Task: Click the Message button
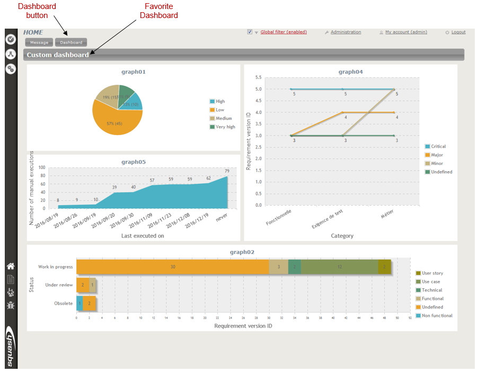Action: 39,42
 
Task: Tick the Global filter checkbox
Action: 250,32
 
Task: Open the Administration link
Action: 346,32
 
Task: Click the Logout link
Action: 458,32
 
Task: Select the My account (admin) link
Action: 405,32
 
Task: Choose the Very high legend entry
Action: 225,127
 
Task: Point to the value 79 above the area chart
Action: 227,171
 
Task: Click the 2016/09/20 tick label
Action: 105,224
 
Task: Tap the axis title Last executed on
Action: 143,236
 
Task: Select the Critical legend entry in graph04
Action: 438,146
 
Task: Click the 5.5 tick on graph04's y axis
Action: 258,77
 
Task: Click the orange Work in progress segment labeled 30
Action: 173,267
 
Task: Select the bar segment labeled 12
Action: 339,267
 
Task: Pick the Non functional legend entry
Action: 437,315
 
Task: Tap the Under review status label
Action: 59,285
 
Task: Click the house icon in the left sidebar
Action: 11,266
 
